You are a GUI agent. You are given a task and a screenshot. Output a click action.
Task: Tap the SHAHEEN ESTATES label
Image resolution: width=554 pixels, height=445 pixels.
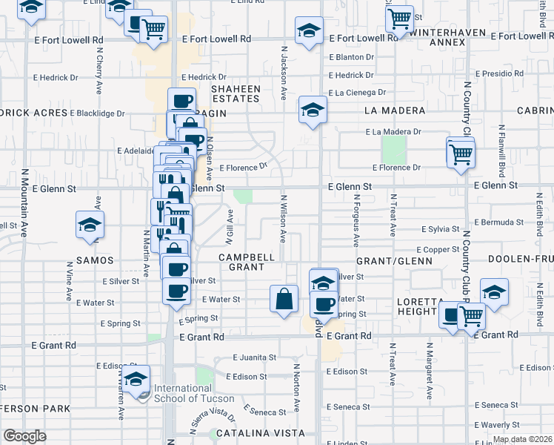(x=236, y=93)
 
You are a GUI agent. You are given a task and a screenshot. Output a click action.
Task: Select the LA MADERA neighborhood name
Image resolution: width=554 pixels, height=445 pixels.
(x=395, y=111)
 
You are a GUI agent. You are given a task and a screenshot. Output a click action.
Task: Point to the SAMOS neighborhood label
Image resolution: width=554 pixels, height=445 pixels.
(x=94, y=260)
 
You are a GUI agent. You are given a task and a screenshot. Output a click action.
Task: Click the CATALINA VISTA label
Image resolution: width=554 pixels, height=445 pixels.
(x=258, y=432)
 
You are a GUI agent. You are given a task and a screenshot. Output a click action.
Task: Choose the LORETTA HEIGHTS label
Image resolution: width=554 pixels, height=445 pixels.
(x=416, y=306)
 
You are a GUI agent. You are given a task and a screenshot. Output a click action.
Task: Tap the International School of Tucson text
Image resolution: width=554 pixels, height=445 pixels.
(x=183, y=393)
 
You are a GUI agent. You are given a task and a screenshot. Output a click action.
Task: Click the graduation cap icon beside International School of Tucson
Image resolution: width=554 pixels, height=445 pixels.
(x=136, y=380)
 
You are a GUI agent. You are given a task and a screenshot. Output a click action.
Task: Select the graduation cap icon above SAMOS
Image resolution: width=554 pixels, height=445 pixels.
(x=90, y=224)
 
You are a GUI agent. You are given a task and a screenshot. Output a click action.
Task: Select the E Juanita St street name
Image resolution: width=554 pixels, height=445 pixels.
(x=254, y=357)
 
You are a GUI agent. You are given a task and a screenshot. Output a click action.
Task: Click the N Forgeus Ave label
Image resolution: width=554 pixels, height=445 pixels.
(x=356, y=221)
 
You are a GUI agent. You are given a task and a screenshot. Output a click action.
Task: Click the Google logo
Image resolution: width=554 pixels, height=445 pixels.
(x=25, y=436)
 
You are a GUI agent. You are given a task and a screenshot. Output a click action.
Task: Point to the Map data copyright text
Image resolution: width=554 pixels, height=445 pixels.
(x=522, y=439)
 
